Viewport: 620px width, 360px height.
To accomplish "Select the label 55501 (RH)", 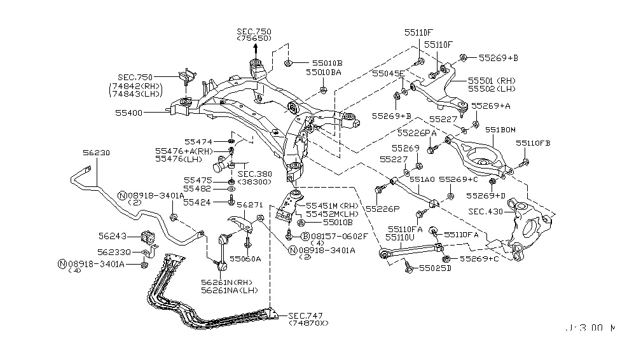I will point(492,81).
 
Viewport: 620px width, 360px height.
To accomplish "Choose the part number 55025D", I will point(435,268).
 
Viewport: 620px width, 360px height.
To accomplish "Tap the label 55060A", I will point(246,259).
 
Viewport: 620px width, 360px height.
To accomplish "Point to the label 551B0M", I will point(500,130).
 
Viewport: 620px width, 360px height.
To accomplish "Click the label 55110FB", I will point(533,143).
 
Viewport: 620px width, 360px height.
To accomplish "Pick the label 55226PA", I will point(417,132).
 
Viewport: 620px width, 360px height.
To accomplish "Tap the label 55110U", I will point(401,237).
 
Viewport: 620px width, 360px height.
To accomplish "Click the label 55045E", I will point(388,73).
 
